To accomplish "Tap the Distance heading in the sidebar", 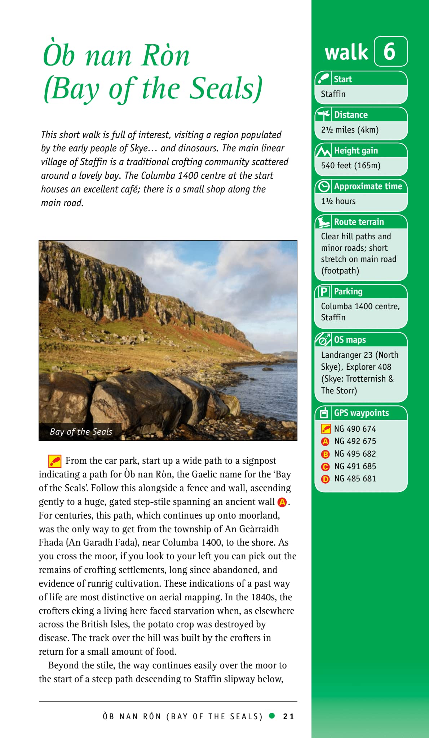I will click(x=351, y=115).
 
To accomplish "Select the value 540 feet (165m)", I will click(x=351, y=165).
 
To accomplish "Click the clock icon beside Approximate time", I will click(x=324, y=186).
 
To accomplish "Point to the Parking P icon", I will click(x=324, y=291).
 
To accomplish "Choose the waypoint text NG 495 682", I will click(x=355, y=454).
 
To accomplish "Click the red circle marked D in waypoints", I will click(x=325, y=479).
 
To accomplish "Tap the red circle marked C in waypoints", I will click(x=325, y=467).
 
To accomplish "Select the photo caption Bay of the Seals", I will click(x=81, y=431).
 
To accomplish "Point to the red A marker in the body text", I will click(x=282, y=502).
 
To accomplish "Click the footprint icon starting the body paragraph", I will click(x=54, y=461).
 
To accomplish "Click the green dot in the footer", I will click(x=272, y=716).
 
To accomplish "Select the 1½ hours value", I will click(x=338, y=201).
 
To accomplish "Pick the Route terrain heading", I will click(x=359, y=222).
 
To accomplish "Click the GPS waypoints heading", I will click(x=361, y=413).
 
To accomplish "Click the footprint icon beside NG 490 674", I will click(x=326, y=429).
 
